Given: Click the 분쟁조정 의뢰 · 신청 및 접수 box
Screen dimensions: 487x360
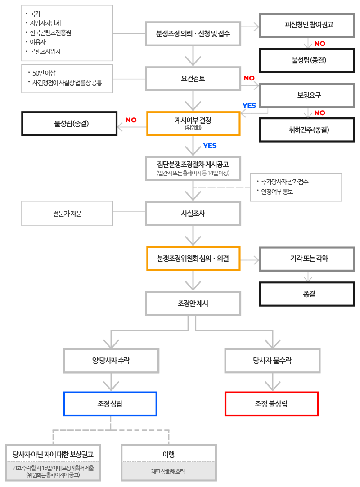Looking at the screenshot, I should tap(193, 33).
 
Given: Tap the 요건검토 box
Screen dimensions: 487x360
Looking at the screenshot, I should tap(193, 78).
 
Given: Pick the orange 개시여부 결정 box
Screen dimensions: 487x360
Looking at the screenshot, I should tap(193, 123).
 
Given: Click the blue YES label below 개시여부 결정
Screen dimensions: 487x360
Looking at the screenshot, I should tap(210, 146).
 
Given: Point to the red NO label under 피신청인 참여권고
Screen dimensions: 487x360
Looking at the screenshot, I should tap(320, 44).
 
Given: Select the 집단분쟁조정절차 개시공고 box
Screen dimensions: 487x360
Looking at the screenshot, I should tap(193, 168).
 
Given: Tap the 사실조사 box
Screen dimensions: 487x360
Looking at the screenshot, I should tap(193, 214).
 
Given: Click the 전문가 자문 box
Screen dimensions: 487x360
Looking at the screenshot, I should tap(67, 214).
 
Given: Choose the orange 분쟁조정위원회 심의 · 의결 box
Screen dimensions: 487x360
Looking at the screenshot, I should tap(193, 259).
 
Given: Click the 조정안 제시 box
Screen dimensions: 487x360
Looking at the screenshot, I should tap(193, 304).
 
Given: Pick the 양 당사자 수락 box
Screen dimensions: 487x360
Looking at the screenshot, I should tap(111, 360).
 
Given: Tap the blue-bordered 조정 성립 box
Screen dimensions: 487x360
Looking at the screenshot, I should tap(111, 404).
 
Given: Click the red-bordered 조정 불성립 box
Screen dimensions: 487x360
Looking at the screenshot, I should tap(271, 404).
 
